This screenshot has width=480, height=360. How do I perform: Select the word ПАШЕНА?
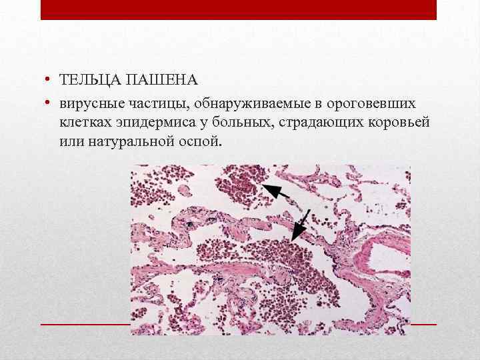162,81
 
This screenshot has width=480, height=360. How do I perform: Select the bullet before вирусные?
49,104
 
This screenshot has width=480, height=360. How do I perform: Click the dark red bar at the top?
238,9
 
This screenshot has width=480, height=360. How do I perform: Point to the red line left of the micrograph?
85,324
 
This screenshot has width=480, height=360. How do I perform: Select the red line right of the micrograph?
423,324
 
